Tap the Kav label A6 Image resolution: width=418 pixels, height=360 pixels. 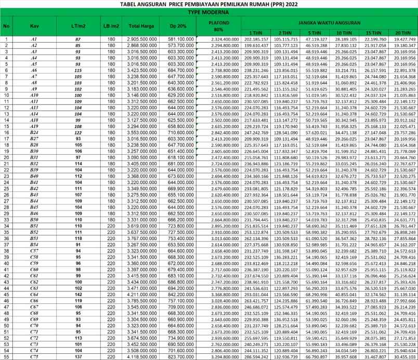click(34, 70)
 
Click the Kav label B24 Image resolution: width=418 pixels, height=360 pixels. click(34, 132)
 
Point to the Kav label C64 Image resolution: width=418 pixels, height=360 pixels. click(34, 294)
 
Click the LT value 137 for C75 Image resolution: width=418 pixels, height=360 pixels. click(77, 357)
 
